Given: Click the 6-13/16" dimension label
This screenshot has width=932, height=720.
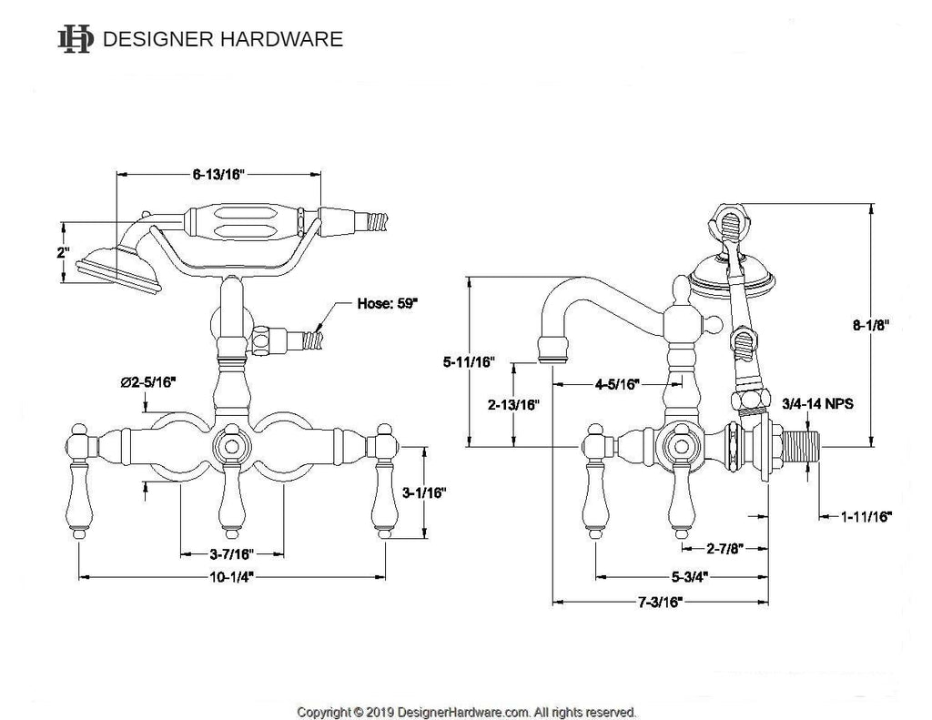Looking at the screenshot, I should [219, 176].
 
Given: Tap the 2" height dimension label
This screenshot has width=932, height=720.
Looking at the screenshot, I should [62, 252].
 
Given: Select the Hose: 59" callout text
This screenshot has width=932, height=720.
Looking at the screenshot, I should [387, 307].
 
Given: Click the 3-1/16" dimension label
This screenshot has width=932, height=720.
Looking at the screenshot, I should [423, 492].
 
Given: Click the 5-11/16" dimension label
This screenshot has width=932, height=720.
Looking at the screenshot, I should [468, 362].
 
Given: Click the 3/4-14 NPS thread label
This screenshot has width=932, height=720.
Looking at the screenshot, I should [817, 403].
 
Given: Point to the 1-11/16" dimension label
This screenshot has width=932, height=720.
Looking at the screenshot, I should [866, 516].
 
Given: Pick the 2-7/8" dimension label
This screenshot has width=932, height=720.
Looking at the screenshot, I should [725, 548].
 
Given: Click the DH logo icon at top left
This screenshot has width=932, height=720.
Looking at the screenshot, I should [76, 39].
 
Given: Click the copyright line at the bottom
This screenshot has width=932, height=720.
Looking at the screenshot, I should [466, 712].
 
